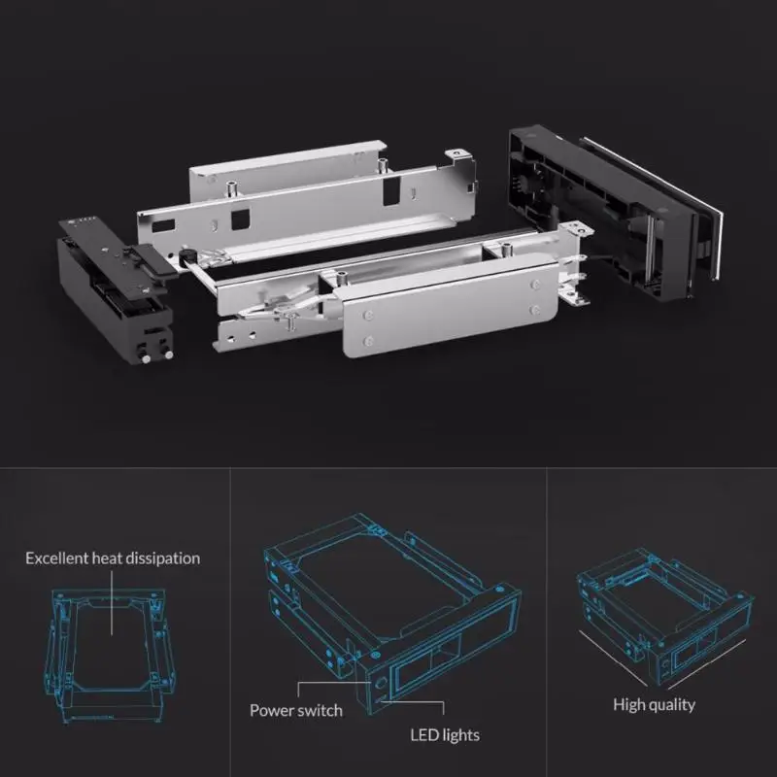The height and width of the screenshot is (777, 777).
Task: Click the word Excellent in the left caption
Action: pyautogui.click(x=57, y=558)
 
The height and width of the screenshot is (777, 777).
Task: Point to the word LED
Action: pyautogui.click(x=422, y=735)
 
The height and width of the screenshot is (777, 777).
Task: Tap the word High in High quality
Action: pyautogui.click(x=627, y=705)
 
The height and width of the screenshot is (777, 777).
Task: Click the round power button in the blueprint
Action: pyautogui.click(x=380, y=682)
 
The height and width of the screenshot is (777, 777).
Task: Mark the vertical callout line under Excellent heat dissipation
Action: pyautogui.click(x=112, y=602)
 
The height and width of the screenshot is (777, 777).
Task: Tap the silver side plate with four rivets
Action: pyautogui.click(x=450, y=311)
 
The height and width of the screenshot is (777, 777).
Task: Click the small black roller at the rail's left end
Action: pyautogui.click(x=186, y=255)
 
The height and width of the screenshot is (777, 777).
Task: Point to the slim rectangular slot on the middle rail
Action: pyautogui.click(x=164, y=227)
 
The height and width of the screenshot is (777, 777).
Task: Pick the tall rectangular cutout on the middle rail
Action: pyautogui.click(x=391, y=188)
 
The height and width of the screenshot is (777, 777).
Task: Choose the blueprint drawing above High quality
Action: pyautogui.click(x=665, y=618)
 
